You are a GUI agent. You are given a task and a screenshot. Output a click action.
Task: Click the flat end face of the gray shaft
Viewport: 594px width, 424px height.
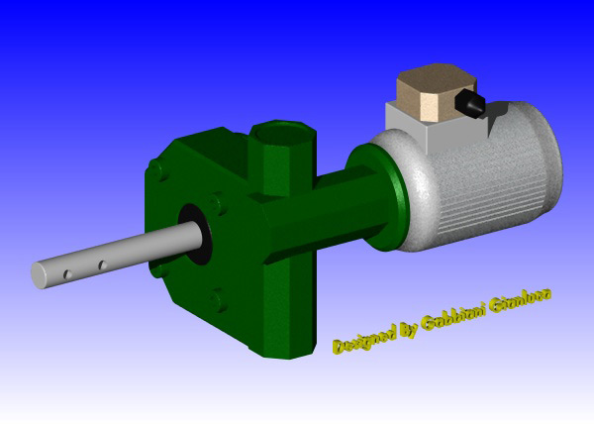click(41, 274)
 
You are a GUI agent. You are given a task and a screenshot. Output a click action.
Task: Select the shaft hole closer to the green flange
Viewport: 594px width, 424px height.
click(100, 265)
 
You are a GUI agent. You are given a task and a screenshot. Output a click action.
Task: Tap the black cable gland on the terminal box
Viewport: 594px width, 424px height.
click(468, 101)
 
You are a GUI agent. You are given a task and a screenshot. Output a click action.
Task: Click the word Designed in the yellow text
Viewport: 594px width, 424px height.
click(364, 338)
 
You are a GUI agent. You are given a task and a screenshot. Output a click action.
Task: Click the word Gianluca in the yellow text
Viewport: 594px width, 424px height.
click(522, 300)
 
